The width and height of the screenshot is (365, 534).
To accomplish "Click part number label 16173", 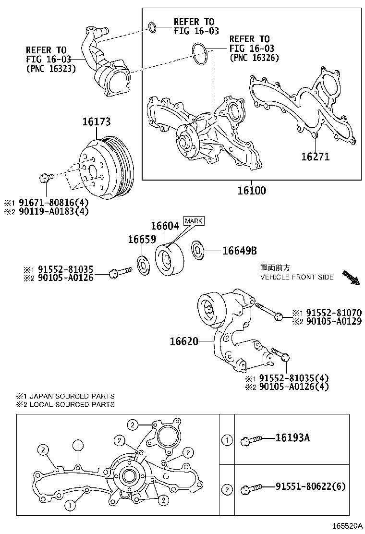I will tap(96, 122).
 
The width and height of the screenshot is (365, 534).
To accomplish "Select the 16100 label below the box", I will tap(251, 190).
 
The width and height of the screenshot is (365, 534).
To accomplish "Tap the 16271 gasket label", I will tap(315, 156).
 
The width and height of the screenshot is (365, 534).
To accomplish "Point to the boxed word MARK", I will tap(194, 220).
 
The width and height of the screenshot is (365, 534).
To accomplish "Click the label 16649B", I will tap(239, 250).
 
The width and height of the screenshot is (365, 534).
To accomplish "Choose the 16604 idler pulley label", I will tap(165, 225).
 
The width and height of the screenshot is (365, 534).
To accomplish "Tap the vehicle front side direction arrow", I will tap(351, 278).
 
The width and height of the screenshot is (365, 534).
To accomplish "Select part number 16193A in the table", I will tap(292, 437).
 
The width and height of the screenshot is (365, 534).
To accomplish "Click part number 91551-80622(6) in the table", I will tap(310, 486).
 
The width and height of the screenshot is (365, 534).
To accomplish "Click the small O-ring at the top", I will tap(152, 27).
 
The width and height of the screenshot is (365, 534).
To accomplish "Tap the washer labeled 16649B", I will tap(198, 250).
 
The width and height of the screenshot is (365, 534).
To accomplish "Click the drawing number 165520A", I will tap(344, 526).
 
